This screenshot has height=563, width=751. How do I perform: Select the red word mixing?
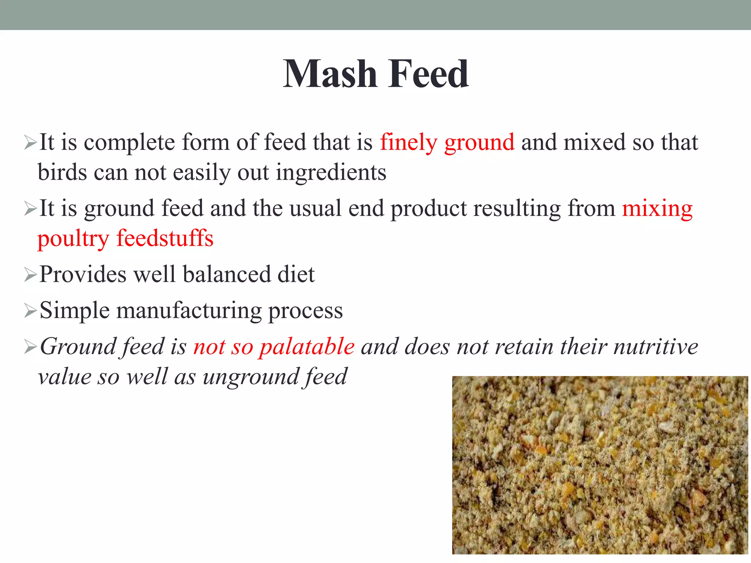657,209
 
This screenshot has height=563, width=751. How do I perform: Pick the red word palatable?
307,347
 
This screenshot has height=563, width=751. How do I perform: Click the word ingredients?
331,172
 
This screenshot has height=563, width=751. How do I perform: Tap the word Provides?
83,274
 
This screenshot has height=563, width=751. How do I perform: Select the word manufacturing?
189,310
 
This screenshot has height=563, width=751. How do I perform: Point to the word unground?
249,377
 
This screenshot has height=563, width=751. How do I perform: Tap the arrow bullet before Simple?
30,311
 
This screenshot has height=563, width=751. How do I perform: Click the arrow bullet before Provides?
30,275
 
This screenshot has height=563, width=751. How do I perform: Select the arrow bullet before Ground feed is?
30,347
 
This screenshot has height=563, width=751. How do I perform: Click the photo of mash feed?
600,465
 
